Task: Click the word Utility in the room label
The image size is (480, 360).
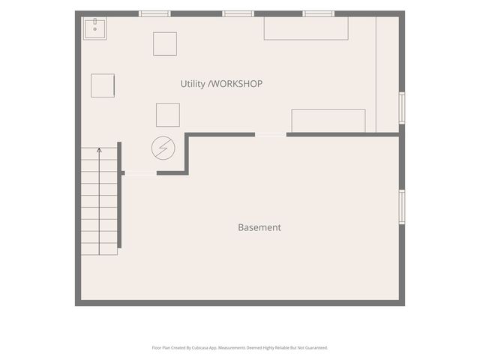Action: click(193, 84)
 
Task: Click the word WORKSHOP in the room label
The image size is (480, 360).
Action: click(237, 84)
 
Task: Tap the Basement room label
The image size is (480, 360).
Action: click(259, 227)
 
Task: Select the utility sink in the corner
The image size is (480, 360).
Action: click(95, 28)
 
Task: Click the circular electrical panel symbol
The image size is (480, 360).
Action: click(163, 148)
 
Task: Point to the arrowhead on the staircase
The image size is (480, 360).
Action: click(99, 150)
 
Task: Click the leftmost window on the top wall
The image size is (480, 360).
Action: click(154, 13)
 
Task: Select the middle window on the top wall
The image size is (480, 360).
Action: click(238, 13)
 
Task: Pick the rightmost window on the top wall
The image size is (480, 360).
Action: click(318, 13)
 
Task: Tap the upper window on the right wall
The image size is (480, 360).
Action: click(402, 108)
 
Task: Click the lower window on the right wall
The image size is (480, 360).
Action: click(402, 207)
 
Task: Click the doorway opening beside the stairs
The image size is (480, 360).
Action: click(141, 173)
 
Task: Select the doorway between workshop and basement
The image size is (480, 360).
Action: click(271, 135)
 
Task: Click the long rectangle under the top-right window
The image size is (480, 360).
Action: click(306, 28)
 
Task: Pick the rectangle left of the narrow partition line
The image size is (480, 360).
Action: click(328, 121)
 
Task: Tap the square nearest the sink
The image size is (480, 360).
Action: click(165, 44)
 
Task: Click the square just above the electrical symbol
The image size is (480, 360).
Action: click(168, 115)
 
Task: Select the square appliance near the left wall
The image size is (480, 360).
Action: click(103, 85)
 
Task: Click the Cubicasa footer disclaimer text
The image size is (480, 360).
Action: click(240, 348)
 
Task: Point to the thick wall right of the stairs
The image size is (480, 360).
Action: click(119, 195)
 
